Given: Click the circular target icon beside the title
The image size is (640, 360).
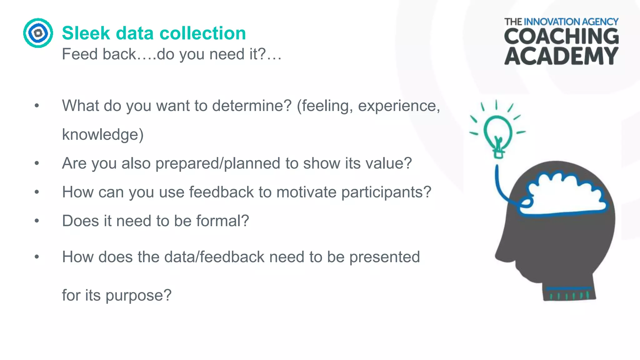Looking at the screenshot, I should tap(38, 33).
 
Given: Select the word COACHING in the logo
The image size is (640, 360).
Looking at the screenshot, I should tap(561, 37).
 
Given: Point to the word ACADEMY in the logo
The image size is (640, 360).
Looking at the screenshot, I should tap(561, 56).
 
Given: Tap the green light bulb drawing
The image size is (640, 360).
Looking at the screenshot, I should tap(497, 133).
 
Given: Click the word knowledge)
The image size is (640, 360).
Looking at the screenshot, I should tap(103, 135).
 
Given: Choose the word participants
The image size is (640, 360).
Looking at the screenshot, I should tap(386, 192).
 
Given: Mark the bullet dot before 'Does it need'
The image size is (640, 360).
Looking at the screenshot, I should tap(37, 221).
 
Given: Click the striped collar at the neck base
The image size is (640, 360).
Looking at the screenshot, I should tap(569, 294).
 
